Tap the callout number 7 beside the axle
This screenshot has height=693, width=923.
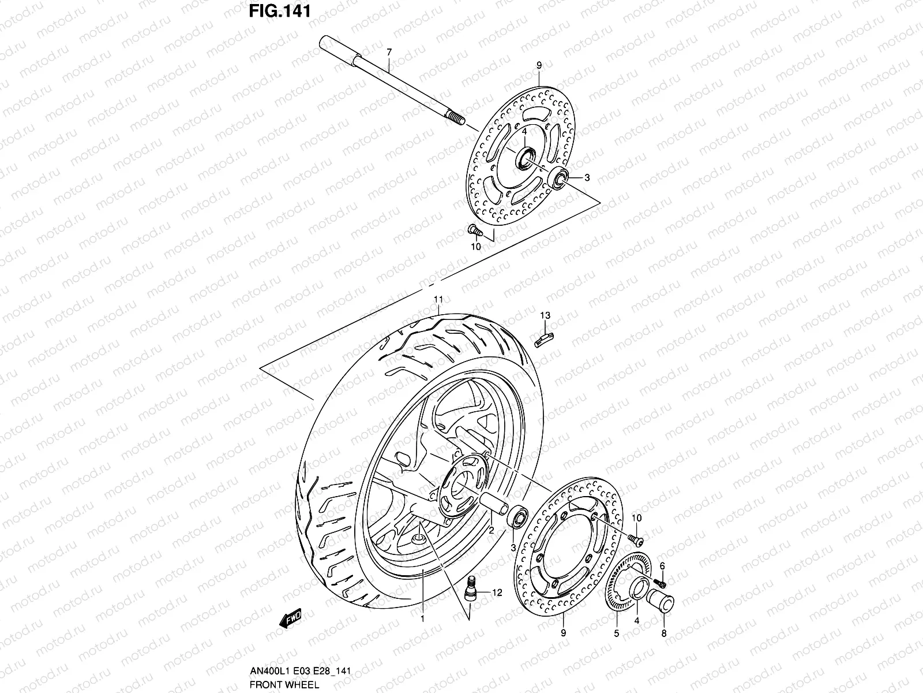[389, 52]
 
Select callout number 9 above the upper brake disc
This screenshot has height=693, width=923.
[539, 65]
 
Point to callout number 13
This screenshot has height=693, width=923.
[545, 315]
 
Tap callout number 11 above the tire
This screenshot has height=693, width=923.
[438, 300]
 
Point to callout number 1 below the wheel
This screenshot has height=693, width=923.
[422, 619]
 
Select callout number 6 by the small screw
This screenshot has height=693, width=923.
[662, 565]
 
